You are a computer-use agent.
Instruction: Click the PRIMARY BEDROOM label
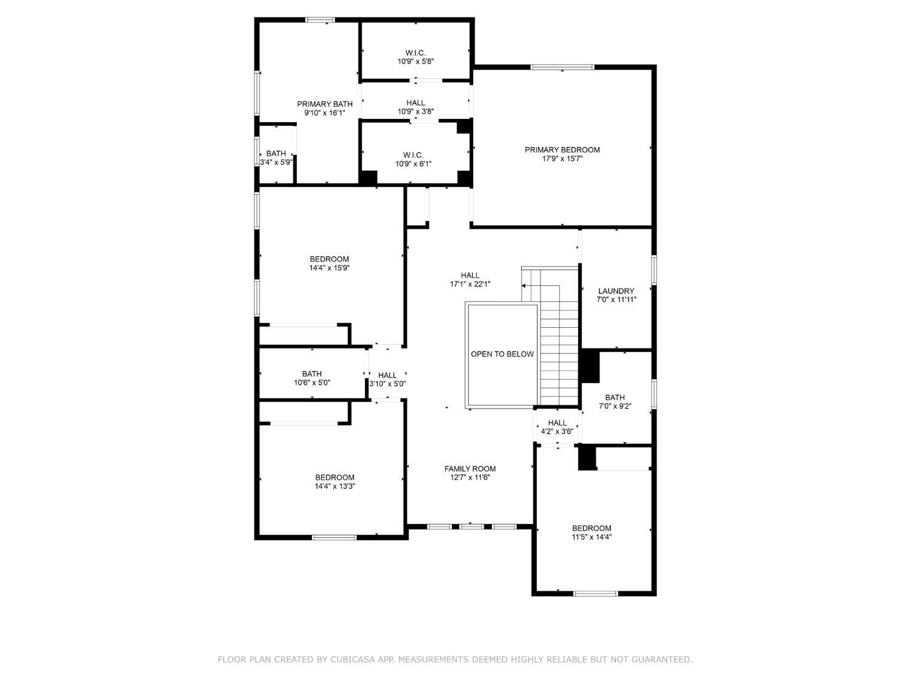click(x=562, y=150)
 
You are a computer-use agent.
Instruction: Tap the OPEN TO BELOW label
click(x=502, y=354)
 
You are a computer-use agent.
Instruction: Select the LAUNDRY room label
click(x=616, y=291)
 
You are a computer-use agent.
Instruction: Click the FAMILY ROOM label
click(x=469, y=469)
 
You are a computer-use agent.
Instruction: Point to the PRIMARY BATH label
click(x=324, y=104)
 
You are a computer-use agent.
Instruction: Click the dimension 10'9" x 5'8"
click(x=415, y=61)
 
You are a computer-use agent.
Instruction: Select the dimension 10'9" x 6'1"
click(x=413, y=163)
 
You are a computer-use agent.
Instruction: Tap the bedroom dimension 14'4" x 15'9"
click(x=329, y=268)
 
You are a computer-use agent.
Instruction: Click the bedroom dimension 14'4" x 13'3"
click(x=334, y=486)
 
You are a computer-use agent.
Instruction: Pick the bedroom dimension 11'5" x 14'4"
click(x=591, y=537)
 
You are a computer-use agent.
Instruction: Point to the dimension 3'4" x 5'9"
click(x=276, y=162)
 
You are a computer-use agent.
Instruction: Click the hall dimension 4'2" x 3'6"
click(x=557, y=432)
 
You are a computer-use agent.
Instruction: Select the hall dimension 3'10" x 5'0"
click(x=387, y=384)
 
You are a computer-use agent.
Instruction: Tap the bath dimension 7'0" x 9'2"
click(x=615, y=406)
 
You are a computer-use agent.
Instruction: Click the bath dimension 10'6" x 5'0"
click(x=312, y=382)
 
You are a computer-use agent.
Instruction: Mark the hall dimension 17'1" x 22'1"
click(x=469, y=284)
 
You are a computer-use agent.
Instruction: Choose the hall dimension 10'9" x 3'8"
click(x=415, y=111)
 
